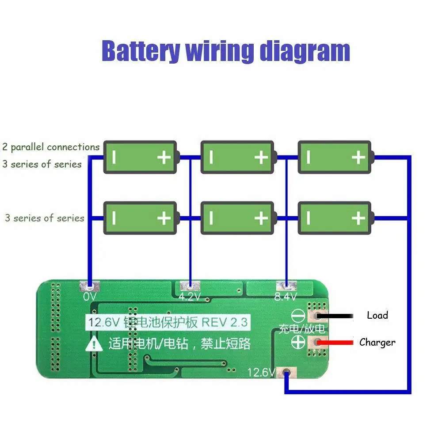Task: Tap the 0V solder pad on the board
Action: pos(90,286)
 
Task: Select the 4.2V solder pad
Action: pos(190,286)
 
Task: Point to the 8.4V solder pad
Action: pos(286,286)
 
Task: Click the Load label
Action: pos(377,315)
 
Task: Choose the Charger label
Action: pos(377,342)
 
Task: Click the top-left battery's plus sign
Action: pos(164,157)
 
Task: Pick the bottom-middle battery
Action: pos(237,218)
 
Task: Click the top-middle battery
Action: pos(237,157)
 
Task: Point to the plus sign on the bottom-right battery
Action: pos(358,218)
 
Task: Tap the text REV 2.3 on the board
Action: pos(225,322)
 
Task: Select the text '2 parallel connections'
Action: pos(51,147)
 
